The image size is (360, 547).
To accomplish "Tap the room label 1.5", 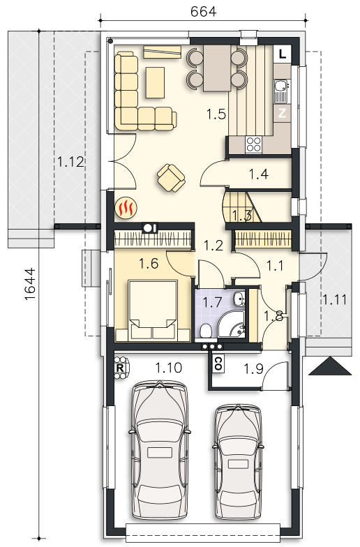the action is (216, 114).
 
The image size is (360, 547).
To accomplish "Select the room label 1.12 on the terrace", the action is (70, 162).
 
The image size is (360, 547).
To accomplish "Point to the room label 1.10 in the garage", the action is (169, 367).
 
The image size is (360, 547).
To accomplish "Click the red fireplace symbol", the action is (126, 208).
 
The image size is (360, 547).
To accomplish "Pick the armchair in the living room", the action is (171, 178).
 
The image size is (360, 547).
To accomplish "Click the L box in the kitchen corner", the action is (283, 54).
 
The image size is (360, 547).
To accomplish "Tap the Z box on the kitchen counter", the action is (283, 113).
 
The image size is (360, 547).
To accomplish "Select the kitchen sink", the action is (281, 91).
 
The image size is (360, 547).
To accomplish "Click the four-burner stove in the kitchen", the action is (253, 144).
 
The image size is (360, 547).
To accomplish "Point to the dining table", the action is (217, 68).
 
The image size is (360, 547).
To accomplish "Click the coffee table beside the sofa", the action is (155, 82).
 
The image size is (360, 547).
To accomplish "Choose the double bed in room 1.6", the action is (152, 310).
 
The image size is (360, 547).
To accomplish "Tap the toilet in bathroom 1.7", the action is (207, 331).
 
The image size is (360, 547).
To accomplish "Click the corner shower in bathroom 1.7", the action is (232, 324).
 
